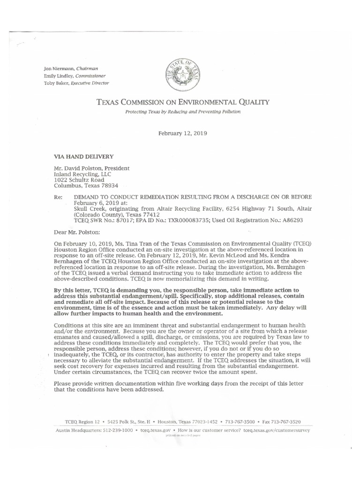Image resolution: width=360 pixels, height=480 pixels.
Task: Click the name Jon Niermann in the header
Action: pos(59,68)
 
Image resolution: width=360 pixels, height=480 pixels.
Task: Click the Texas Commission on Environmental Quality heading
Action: pos(183,102)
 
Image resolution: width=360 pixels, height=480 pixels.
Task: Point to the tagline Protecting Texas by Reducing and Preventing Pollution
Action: pos(183,112)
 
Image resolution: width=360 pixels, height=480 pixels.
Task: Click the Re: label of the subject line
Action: pos(58,197)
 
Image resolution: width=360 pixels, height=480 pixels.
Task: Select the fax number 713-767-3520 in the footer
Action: pos(288,421)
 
